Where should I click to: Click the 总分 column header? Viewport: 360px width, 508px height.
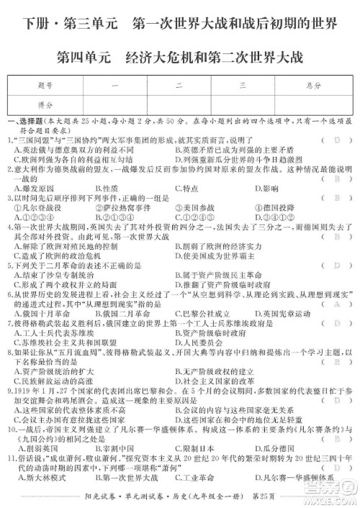coord(312,85)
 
